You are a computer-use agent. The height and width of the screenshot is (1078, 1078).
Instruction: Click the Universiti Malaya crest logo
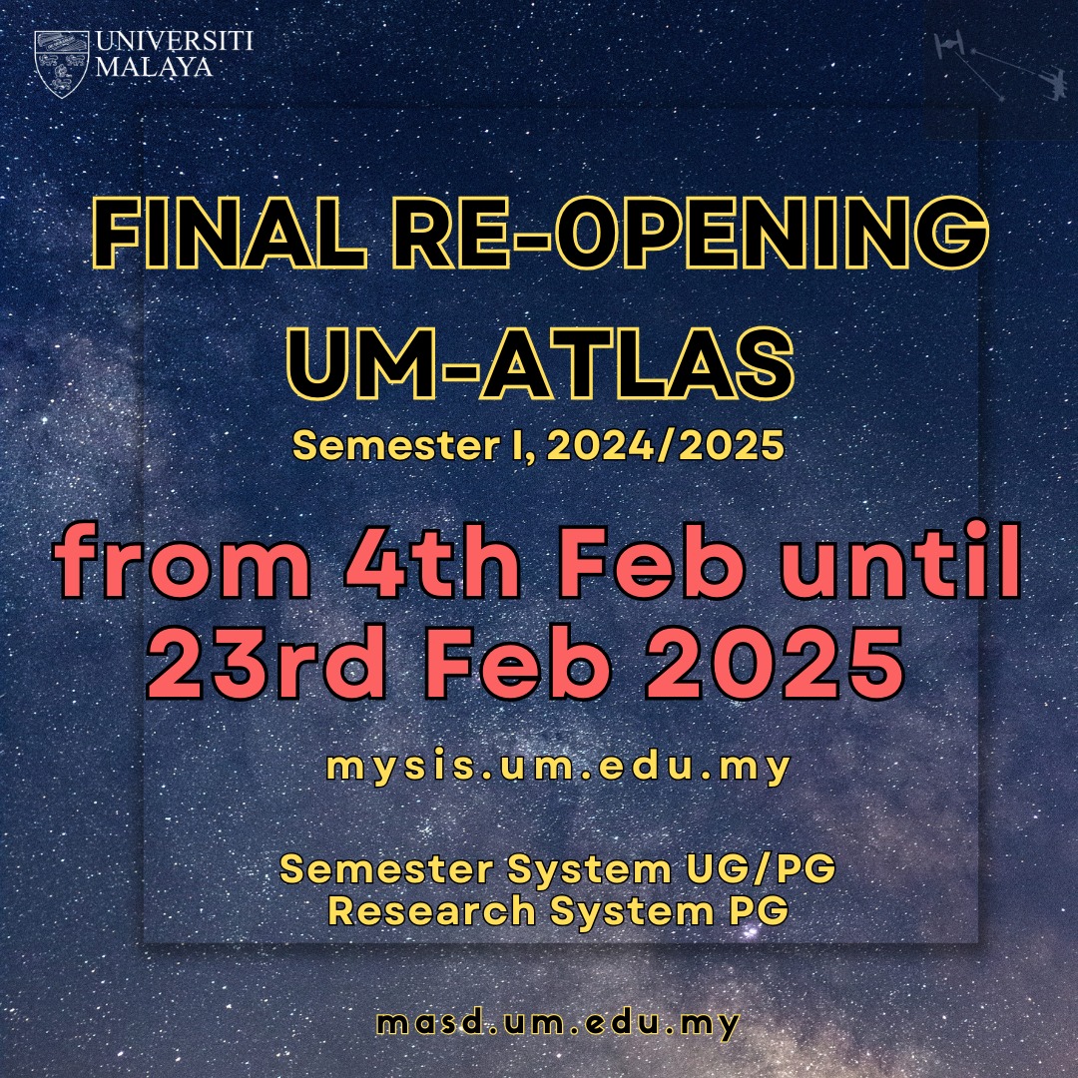pyautogui.click(x=61, y=63)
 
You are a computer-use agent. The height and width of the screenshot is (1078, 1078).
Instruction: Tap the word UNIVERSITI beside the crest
pyautogui.click(x=174, y=42)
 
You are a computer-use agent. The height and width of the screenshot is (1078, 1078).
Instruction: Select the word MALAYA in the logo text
pyautogui.click(x=154, y=67)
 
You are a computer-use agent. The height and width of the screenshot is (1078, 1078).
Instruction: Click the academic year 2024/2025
pyautogui.click(x=665, y=445)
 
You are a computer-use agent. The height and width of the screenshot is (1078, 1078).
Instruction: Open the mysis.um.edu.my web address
pyautogui.click(x=558, y=767)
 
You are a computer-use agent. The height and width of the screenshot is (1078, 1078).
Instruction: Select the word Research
pyautogui.click(x=431, y=911)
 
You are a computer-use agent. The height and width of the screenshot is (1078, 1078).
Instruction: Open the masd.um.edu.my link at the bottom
pyautogui.click(x=558, y=1023)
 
